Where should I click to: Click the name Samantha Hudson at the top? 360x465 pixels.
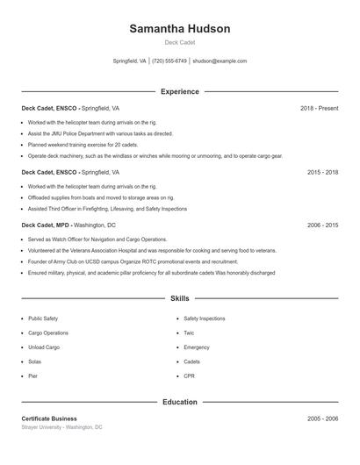180,28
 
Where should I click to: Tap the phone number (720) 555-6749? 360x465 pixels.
169,61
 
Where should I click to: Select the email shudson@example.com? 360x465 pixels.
220,61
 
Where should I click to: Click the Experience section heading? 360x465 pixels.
180,91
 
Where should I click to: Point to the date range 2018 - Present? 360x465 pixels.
319,108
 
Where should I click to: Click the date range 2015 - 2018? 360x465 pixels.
322,173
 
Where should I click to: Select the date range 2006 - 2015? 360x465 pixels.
322,225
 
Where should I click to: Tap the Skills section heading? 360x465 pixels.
180,298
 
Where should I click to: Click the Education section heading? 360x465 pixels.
180,402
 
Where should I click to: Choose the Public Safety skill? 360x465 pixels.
43,318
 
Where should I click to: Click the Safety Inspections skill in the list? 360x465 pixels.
204,318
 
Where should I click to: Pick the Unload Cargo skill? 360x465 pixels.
44,347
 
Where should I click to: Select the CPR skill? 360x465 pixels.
189,376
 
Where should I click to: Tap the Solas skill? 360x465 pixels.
34,361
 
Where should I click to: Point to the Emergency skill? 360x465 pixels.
197,347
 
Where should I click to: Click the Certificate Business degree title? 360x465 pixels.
49,418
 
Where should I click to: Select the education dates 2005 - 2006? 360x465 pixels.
322,418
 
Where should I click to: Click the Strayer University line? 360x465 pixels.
61,427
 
